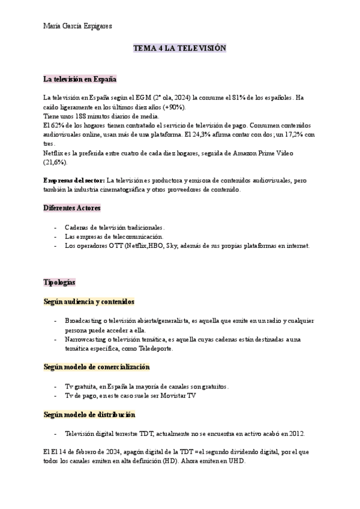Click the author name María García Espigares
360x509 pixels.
[78, 26]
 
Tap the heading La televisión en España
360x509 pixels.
[80, 79]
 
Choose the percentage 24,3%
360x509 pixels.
[242, 134]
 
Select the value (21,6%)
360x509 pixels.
[56, 163]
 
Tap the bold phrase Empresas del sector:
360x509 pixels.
[74, 181]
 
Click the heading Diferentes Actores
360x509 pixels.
[72, 208]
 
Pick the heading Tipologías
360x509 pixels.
[59, 283]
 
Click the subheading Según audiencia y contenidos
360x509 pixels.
[89, 301]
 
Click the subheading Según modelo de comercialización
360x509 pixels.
[97, 367]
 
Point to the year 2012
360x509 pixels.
[296, 433]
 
